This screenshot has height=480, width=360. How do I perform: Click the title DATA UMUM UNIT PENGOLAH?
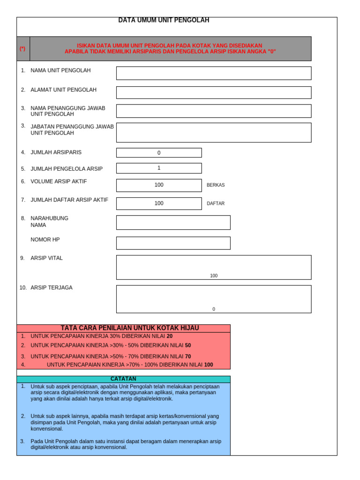pyautogui.click(x=164, y=20)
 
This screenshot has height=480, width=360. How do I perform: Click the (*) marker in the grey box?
pyautogui.click(x=22, y=49)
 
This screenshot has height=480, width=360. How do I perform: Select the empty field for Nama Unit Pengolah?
pyautogui.click(x=213, y=73)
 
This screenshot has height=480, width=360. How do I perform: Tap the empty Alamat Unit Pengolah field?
pyautogui.click(x=213, y=92)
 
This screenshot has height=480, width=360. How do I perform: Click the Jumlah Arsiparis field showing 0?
pyautogui.click(x=159, y=153)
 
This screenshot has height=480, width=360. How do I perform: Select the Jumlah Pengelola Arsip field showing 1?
pyautogui.click(x=159, y=168)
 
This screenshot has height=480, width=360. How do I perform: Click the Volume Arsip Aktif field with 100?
pyautogui.click(x=159, y=185)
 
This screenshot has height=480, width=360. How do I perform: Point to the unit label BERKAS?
pyautogui.click(x=216, y=185)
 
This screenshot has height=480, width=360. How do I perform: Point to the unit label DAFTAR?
pyautogui.click(x=216, y=203)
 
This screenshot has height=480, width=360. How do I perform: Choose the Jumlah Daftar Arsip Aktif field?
pyautogui.click(x=159, y=203)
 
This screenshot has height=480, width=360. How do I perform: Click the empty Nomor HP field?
pyautogui.click(x=173, y=243)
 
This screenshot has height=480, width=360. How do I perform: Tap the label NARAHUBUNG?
pyautogui.click(x=49, y=218)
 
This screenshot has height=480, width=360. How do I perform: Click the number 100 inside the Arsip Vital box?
pyautogui.click(x=214, y=276)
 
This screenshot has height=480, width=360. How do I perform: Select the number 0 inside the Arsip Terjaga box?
pyautogui.click(x=214, y=309)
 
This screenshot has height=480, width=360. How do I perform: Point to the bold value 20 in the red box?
pyautogui.click(x=170, y=336)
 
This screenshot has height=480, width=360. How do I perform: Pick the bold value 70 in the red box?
pyautogui.click(x=188, y=356)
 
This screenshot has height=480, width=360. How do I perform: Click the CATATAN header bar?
pyautogui.click(x=123, y=379)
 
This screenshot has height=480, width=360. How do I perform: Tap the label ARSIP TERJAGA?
pyautogui.click(x=52, y=287)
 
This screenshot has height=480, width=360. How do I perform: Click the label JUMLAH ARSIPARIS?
pyautogui.click(x=56, y=152)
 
